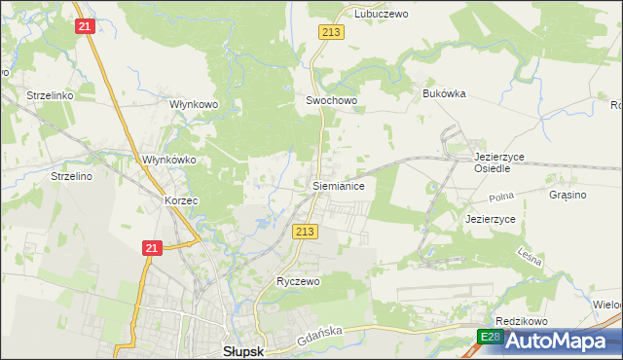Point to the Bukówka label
click(x=445, y=93)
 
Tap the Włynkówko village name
click(x=169, y=160)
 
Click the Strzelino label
click(x=71, y=176)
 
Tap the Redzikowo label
click(x=522, y=321)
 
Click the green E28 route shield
click(x=491, y=337)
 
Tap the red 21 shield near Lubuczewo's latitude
click(x=85, y=26)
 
